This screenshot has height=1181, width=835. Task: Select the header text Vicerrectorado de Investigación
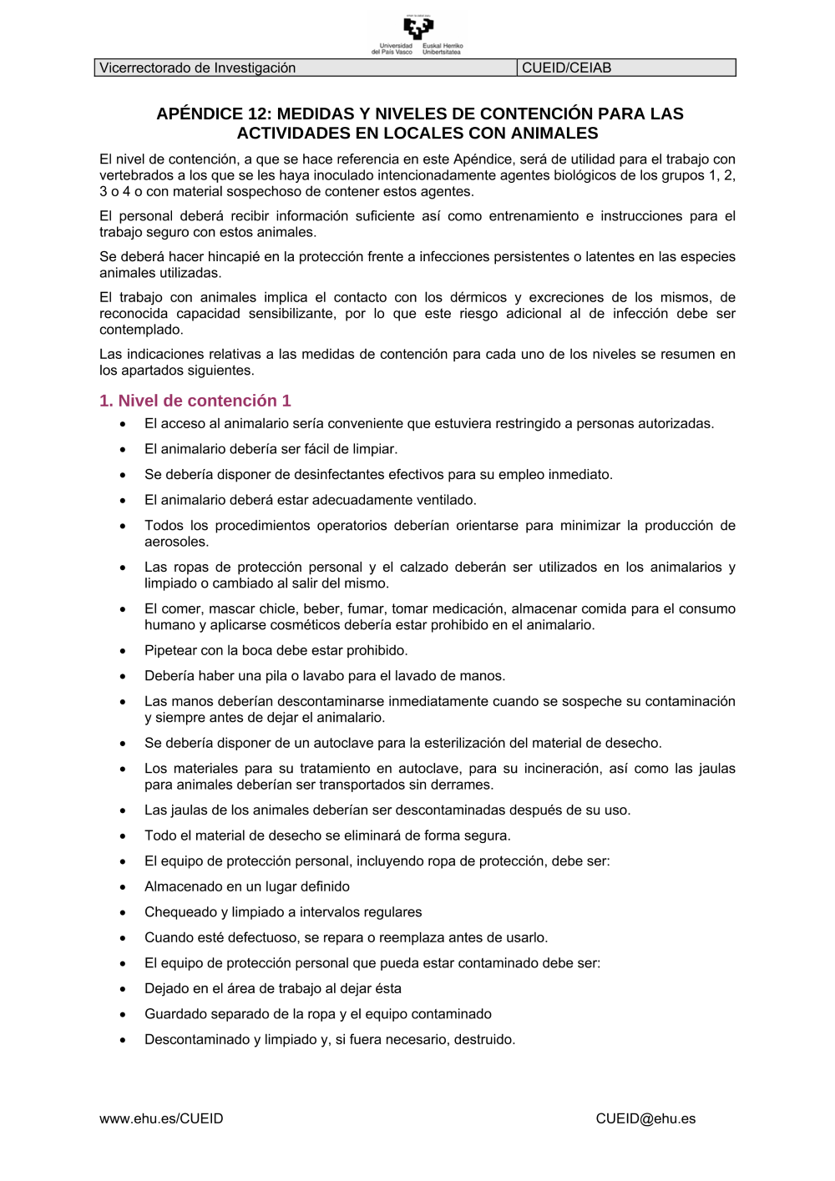197,68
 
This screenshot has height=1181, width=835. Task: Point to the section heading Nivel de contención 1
195,401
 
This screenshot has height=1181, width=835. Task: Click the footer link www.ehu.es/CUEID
161,1118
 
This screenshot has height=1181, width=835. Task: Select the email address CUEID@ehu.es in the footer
645,1118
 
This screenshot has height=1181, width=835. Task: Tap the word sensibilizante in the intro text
295,313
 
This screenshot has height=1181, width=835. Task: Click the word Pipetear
170,650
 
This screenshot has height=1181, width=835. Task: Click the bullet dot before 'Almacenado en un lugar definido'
124,887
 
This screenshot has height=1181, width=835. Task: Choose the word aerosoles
176,542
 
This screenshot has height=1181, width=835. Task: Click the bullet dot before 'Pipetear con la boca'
124,651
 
